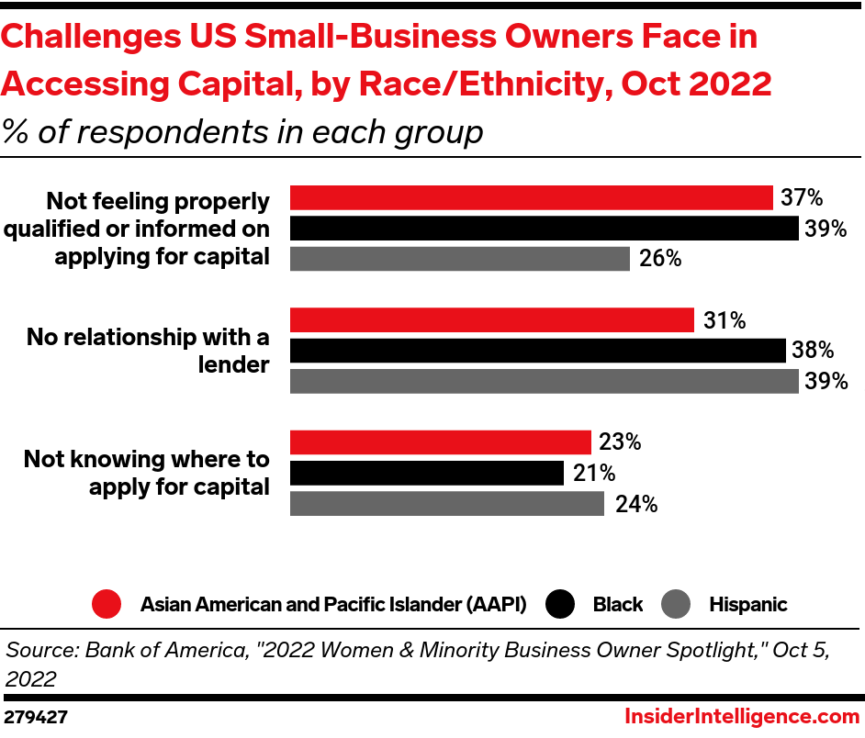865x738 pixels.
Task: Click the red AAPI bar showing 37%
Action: pos(531,197)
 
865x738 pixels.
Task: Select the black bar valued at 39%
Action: pos(544,229)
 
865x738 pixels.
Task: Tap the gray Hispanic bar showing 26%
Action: pos(459,259)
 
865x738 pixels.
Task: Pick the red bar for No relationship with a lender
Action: pos(491,320)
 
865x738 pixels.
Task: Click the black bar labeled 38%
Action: pos(537,351)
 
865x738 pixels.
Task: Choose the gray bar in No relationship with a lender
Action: pos(544,381)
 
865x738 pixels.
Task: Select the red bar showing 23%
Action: pos(440,442)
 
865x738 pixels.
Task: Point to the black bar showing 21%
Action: pos(426,473)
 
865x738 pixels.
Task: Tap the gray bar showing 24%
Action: pos(446,504)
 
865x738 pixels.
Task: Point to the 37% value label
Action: pos(802,198)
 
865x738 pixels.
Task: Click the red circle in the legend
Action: pos(107,604)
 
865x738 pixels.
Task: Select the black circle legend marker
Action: pos(560,604)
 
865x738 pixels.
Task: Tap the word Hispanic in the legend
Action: pos(747,605)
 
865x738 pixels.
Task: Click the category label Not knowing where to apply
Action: pos(147,473)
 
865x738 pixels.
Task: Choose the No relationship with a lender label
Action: pos(148,351)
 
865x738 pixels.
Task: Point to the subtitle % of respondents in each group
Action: pos(242,132)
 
